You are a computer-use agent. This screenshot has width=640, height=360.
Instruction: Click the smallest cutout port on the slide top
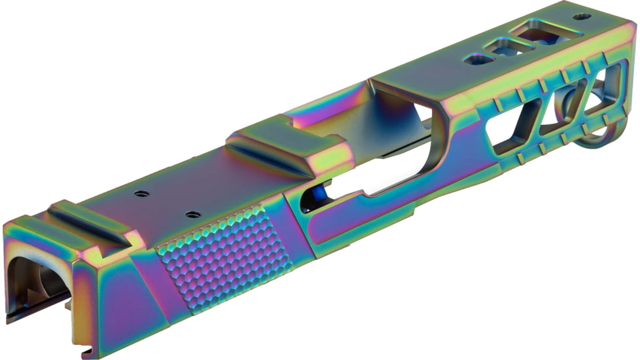point(478,60)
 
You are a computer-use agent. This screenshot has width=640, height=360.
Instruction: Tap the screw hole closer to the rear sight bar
point(139,194)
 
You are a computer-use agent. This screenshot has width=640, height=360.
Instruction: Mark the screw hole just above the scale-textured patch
point(192,214)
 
